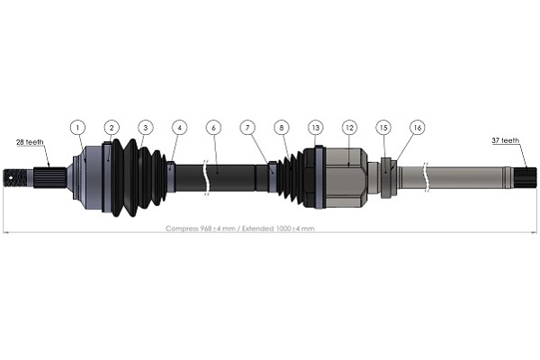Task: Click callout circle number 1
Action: [78, 128]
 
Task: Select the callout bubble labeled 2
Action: [112, 128]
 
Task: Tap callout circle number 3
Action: [145, 128]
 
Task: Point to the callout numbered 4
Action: [179, 128]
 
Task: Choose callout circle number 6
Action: [213, 128]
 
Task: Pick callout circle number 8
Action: [283, 128]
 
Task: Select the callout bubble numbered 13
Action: [315, 128]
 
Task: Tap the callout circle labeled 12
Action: [348, 128]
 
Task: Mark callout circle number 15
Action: [383, 128]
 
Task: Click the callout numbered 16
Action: [417, 128]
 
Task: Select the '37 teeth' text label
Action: [506, 140]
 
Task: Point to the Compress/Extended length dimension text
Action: [240, 229]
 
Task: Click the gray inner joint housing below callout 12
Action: [344, 175]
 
